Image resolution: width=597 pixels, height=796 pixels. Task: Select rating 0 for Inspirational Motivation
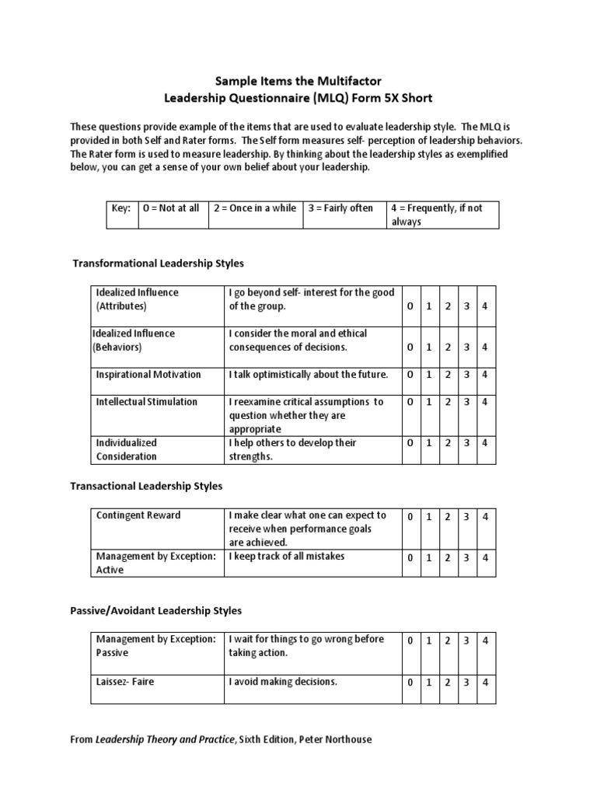pyautogui.click(x=410, y=375)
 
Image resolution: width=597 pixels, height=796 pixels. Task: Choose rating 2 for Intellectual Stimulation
pyautogui.click(x=448, y=402)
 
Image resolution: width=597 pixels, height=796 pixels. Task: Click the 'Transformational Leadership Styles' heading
pyautogui.click(x=159, y=264)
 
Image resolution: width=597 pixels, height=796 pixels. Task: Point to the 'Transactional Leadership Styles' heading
pyautogui.click(x=146, y=486)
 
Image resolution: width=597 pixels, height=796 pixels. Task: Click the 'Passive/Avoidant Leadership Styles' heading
pyautogui.click(x=155, y=611)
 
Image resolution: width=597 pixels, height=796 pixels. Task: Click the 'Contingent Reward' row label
pyautogui.click(x=138, y=515)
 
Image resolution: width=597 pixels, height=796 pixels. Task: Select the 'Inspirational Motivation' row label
pyautogui.click(x=148, y=375)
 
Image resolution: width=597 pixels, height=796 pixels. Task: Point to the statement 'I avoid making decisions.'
pyautogui.click(x=283, y=683)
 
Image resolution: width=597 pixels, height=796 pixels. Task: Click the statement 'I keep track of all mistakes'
pyautogui.click(x=286, y=557)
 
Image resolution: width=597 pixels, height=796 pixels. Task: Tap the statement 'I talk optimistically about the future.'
pyautogui.click(x=308, y=375)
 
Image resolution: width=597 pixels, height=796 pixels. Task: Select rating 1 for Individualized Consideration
pyautogui.click(x=428, y=443)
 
